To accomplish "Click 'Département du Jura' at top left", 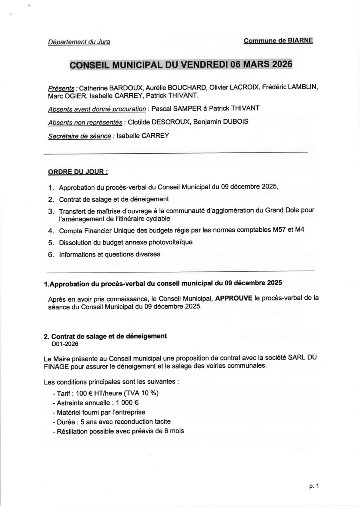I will coord(79,42).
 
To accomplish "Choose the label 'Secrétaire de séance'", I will coord(79,136).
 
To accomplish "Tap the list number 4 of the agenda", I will coord(51,231).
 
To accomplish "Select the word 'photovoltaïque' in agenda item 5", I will coord(171,242).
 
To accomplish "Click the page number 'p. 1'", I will coord(314,486).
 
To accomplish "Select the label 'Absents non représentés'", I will coord(85,122).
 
